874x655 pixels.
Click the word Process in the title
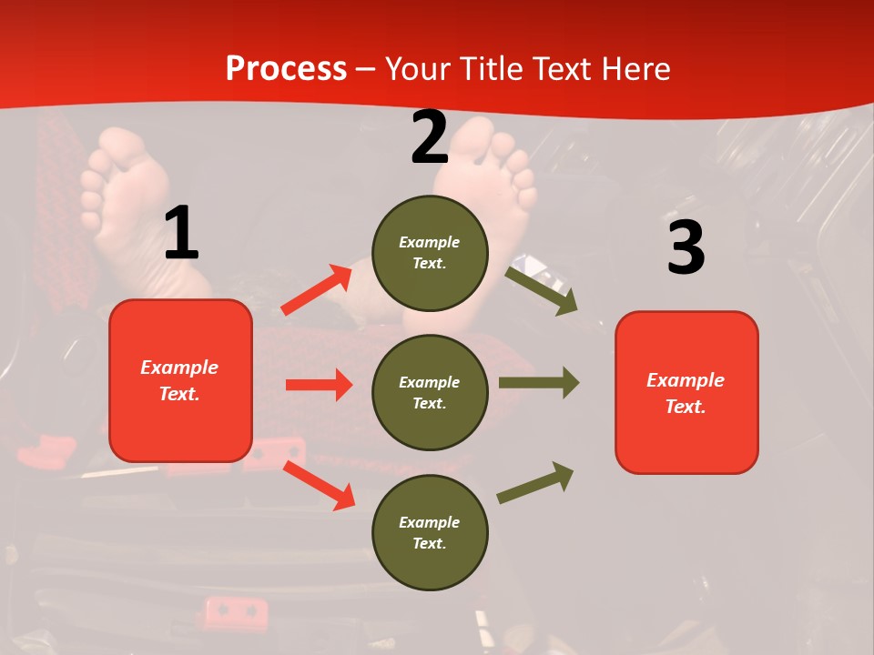pyautogui.click(x=286, y=68)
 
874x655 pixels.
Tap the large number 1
pyautogui.click(x=181, y=234)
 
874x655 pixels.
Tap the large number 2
pyautogui.click(x=430, y=137)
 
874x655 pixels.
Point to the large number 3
pyautogui.click(x=686, y=247)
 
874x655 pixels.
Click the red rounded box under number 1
pyautogui.click(x=180, y=380)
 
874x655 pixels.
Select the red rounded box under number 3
pyautogui.click(x=686, y=392)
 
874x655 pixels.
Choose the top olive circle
pyautogui.click(x=430, y=252)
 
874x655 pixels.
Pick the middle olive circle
pyautogui.click(x=430, y=392)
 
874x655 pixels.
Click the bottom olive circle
pyautogui.click(x=430, y=532)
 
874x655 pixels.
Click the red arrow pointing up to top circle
pyautogui.click(x=316, y=290)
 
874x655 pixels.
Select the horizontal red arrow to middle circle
pyautogui.click(x=319, y=385)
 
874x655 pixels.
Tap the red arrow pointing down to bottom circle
pyautogui.click(x=319, y=485)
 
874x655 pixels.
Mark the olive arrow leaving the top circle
pyautogui.click(x=541, y=290)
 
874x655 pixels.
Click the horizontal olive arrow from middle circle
pyautogui.click(x=538, y=382)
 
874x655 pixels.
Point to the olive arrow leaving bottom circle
pyautogui.click(x=535, y=483)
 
